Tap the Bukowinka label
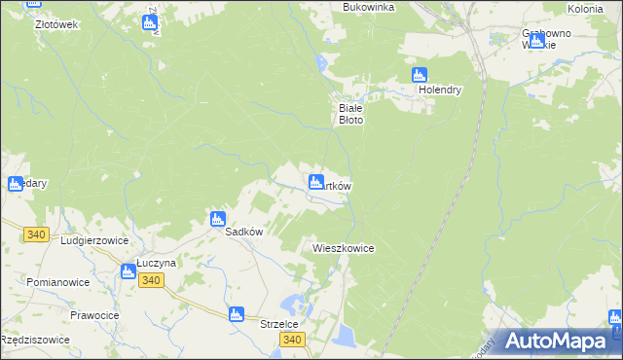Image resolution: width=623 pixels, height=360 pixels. pyautogui.click(x=368, y=7)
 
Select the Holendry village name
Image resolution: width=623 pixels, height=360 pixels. pyautogui.click(x=440, y=90)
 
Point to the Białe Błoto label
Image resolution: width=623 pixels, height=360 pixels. pyautogui.click(x=350, y=114)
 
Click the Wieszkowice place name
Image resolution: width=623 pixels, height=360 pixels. pyautogui.click(x=344, y=248)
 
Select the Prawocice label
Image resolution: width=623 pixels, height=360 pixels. pyautogui.click(x=94, y=314)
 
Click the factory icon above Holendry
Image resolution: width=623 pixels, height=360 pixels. pyautogui.click(x=420, y=75)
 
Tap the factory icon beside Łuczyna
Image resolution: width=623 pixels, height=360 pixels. pyautogui.click(x=128, y=272)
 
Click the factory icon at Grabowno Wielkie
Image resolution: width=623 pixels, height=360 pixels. pyautogui.click(x=536, y=41)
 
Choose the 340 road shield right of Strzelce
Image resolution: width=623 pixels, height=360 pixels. pyautogui.click(x=292, y=340)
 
